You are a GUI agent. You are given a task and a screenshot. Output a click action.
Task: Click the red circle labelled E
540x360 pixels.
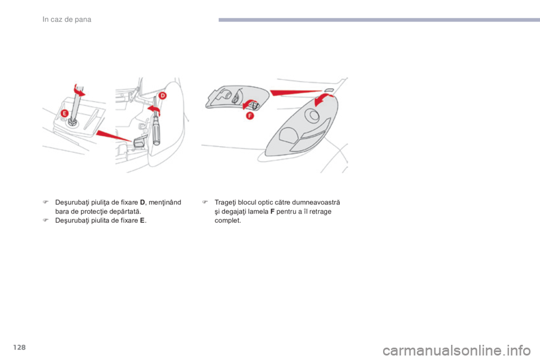click(64, 113)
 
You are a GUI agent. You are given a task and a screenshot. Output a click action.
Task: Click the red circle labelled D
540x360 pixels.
click(162, 96)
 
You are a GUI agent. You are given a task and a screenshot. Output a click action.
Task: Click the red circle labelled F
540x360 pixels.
click(250, 116)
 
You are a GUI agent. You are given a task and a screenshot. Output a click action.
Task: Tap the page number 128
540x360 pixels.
click(20, 347)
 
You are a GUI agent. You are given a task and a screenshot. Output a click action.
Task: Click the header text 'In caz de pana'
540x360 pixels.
click(67, 20)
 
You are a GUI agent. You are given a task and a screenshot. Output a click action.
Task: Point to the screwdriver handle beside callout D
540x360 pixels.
click(157, 130)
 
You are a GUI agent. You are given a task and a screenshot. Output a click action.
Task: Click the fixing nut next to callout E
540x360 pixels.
click(73, 121)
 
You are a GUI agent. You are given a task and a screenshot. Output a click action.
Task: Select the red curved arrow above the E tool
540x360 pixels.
click(79, 89)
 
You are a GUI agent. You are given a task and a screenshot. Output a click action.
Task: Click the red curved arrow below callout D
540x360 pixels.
click(155, 110)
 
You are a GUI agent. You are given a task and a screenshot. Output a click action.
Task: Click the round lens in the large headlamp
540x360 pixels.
click(313, 115)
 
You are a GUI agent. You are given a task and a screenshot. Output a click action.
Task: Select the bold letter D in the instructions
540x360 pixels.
click(142, 202)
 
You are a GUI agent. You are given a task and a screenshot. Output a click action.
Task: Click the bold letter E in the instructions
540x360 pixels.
click(142, 220)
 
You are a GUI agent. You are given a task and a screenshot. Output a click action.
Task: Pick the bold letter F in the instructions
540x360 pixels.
click(272, 211)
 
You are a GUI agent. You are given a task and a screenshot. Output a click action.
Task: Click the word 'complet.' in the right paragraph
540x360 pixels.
click(228, 221)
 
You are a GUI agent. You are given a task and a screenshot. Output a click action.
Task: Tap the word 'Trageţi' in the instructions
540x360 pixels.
click(225, 202)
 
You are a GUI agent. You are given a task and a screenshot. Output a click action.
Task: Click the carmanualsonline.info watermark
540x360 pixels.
click(457, 351)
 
